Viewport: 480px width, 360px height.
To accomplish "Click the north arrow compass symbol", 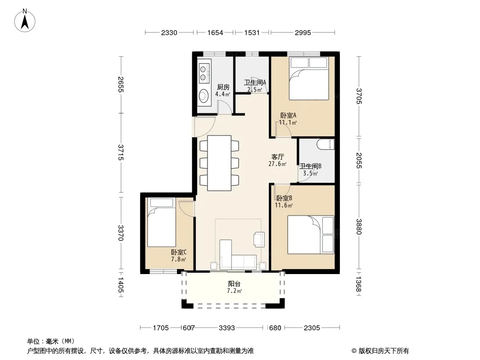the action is tap(25, 20).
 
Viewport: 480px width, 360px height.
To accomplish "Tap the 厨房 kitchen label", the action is tap(223, 87).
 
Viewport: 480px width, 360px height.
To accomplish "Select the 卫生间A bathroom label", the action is tap(255, 83).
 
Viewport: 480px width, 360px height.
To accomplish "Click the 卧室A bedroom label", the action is tap(288, 116).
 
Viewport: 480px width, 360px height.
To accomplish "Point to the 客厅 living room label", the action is tap(278, 157).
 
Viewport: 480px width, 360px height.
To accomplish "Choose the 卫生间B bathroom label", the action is tap(310, 166).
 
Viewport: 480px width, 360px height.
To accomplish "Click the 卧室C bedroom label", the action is tap(179, 252).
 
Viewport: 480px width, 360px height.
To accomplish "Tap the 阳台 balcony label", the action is tap(234, 284).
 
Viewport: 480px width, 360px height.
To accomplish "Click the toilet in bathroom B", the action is tap(326, 144).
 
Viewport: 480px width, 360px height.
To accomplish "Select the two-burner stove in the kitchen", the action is tap(204, 73).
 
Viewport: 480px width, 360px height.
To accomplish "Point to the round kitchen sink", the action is tap(203, 96).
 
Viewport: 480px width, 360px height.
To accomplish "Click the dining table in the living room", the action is tap(219, 163).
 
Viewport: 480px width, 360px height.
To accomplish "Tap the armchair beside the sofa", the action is tap(259, 239).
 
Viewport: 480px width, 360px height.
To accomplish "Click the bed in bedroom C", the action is tap(162, 222).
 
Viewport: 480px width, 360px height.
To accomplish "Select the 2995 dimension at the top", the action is tap(303, 32).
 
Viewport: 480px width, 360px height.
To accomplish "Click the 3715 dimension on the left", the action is tap(121, 152).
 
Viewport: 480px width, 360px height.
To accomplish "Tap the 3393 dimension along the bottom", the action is tap(227, 328).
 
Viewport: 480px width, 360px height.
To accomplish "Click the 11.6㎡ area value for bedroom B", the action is tap(284, 205).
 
